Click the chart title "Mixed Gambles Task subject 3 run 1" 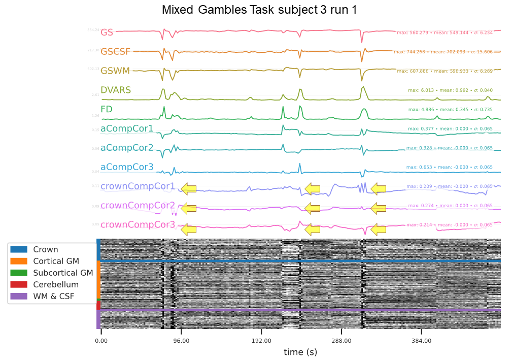click(259, 10)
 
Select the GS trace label click(107, 32)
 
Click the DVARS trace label click(116, 90)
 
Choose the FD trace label click(107, 110)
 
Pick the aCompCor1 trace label click(127, 129)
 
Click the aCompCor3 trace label click(127, 167)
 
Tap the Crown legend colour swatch click(20, 250)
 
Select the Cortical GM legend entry click(56, 261)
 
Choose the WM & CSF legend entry click(53, 296)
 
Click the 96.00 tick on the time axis click(181, 341)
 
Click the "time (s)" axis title click(300, 352)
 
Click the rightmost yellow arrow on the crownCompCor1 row click(378, 189)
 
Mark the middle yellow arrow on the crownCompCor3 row click(312, 230)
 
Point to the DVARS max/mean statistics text click(450, 90)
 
